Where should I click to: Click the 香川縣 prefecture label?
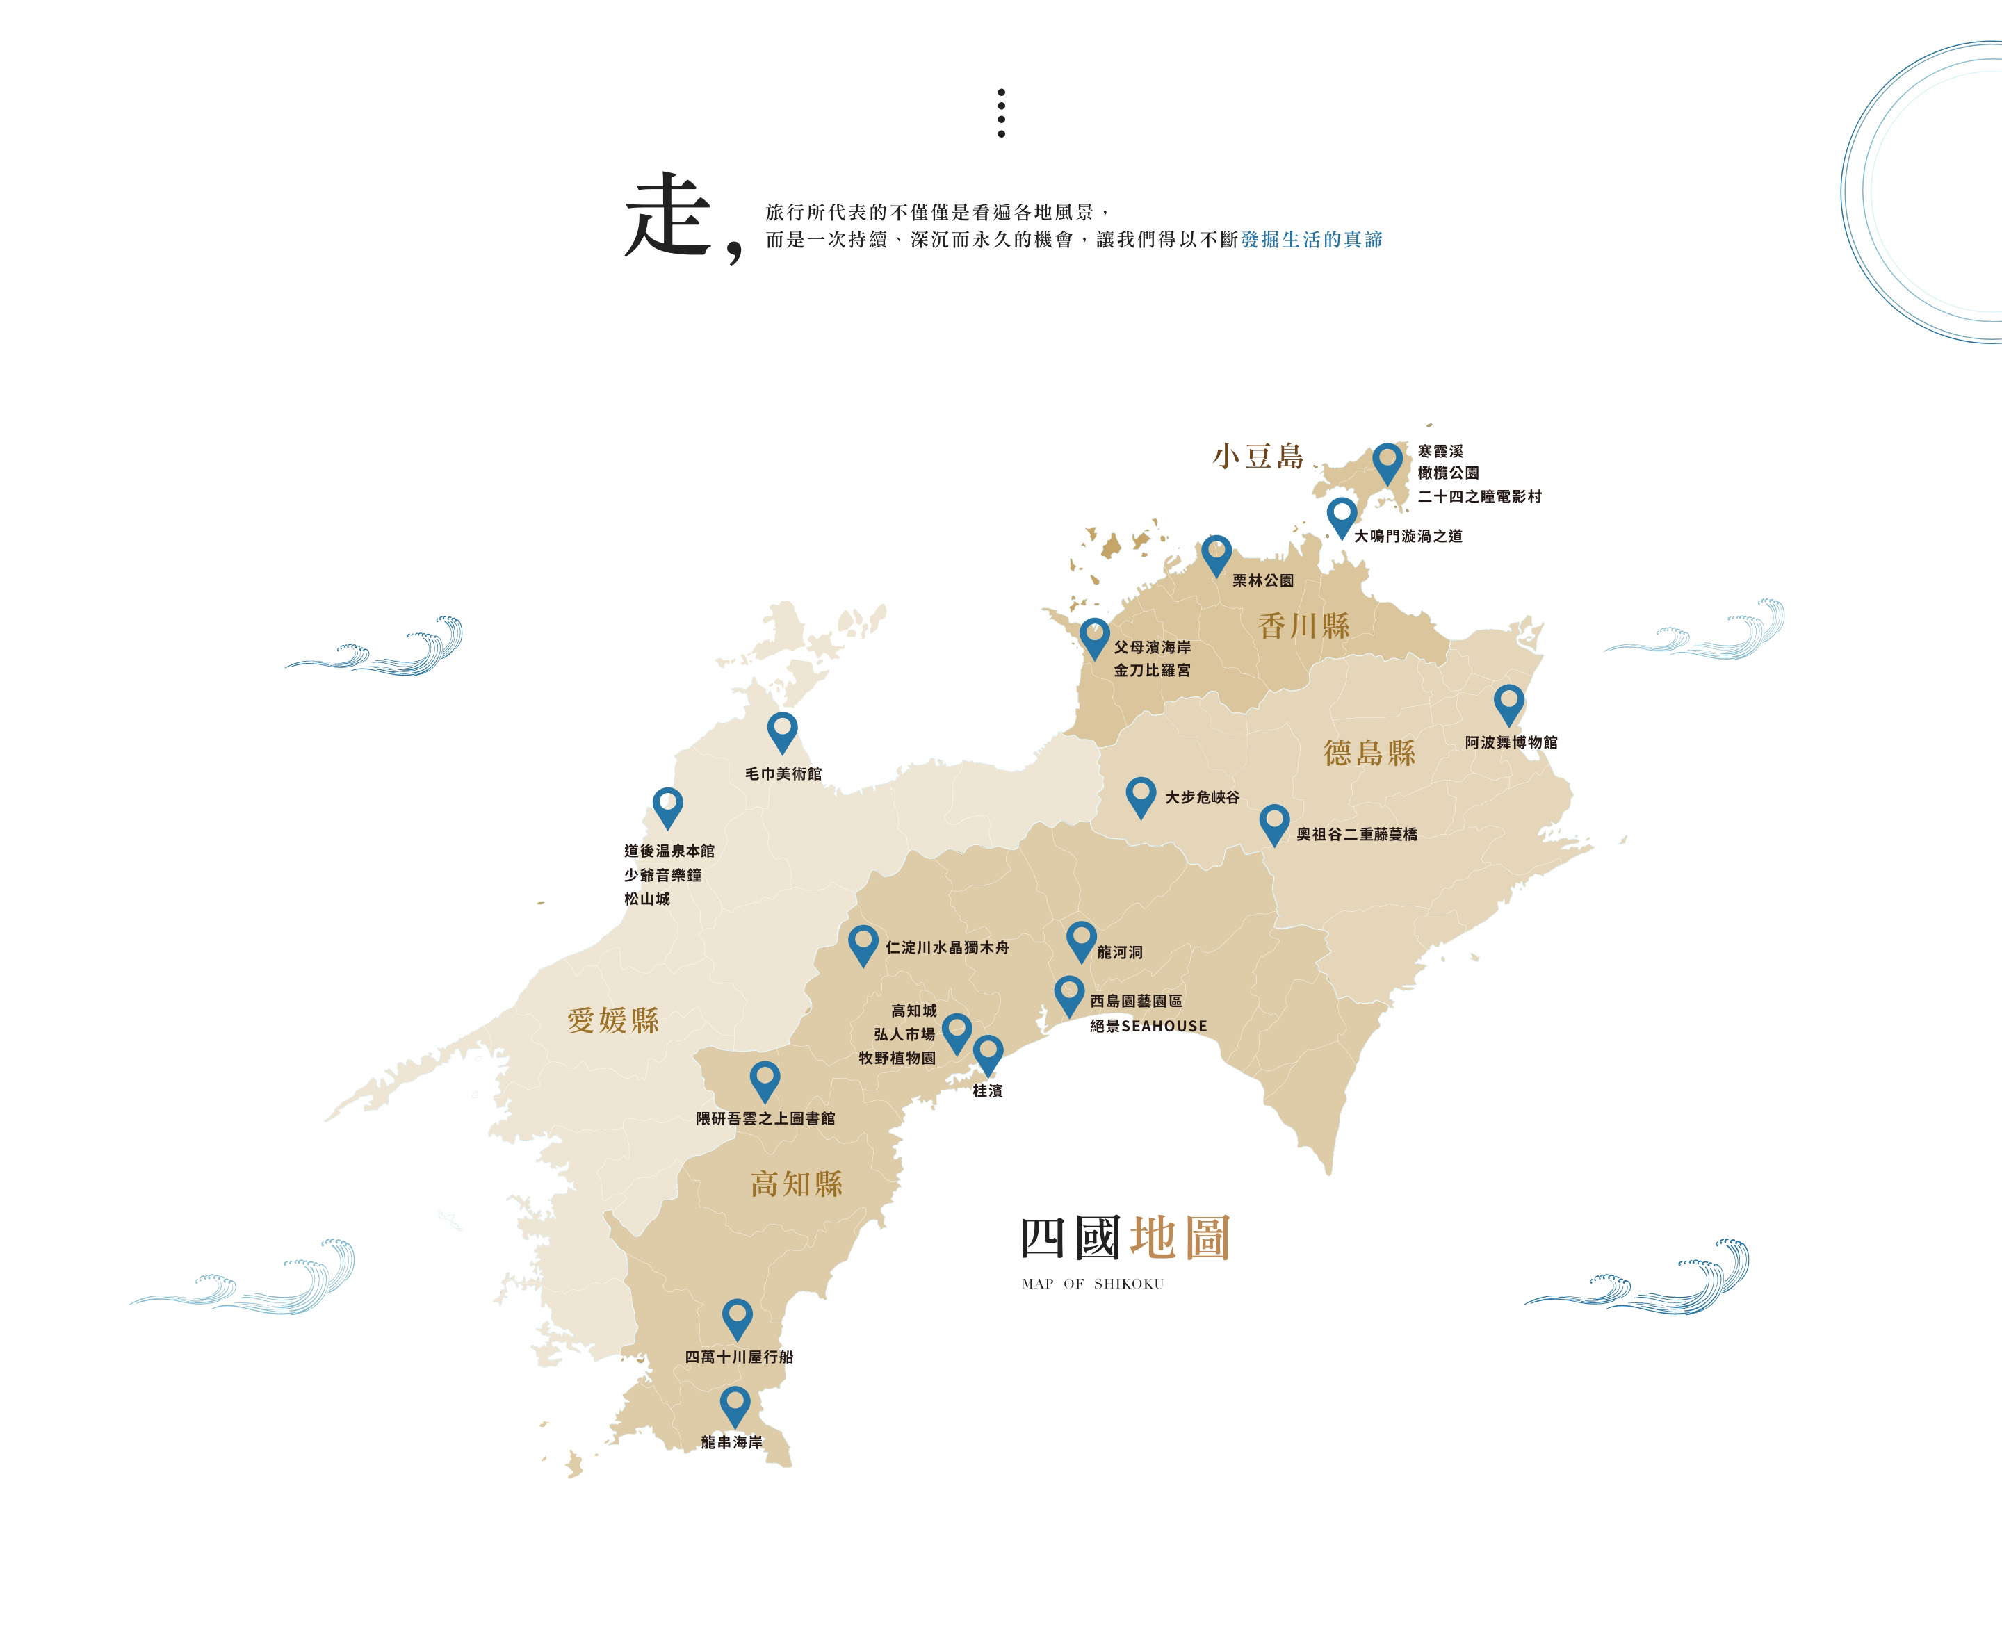(x=1303, y=626)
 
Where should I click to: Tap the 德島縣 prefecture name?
(x=1369, y=753)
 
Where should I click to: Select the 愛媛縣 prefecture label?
(x=612, y=1020)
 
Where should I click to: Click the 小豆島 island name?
(x=1258, y=457)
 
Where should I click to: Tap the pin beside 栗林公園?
(x=1216, y=553)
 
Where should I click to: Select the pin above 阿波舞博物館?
(x=1508, y=703)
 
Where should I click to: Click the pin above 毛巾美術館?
(x=782, y=730)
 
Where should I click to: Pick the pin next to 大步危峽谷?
(x=1141, y=795)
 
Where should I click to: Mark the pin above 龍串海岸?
(x=735, y=1405)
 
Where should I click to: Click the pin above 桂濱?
(x=987, y=1052)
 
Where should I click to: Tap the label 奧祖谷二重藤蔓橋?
(x=1356, y=835)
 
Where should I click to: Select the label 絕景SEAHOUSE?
(x=1148, y=1026)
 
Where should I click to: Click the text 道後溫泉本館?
(x=669, y=851)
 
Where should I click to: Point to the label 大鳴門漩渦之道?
(x=1408, y=537)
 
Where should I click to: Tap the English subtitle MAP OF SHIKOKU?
(x=1093, y=1284)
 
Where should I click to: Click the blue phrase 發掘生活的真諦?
(x=1311, y=240)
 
